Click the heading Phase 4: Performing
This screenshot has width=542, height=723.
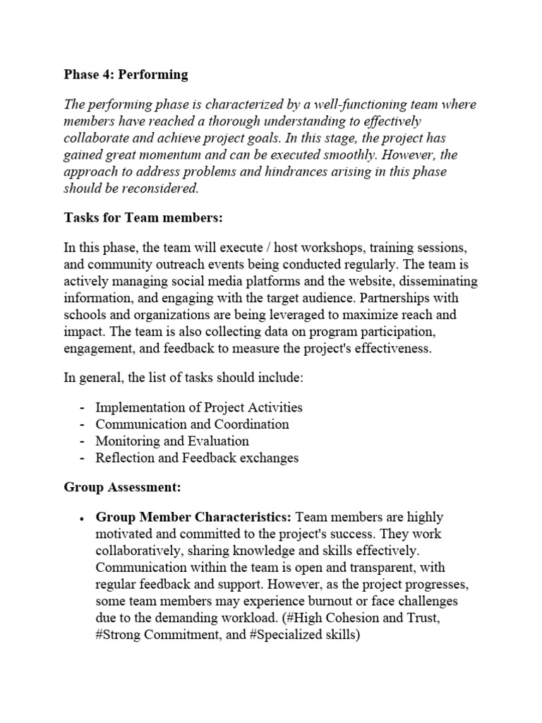click(x=126, y=73)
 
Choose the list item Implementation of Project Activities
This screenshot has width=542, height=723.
click(x=199, y=407)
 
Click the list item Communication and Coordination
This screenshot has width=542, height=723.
click(x=192, y=424)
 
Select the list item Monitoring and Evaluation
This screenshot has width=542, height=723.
click(x=172, y=441)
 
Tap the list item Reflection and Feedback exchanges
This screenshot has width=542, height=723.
click(x=197, y=458)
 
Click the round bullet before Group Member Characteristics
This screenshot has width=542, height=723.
click(x=82, y=519)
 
